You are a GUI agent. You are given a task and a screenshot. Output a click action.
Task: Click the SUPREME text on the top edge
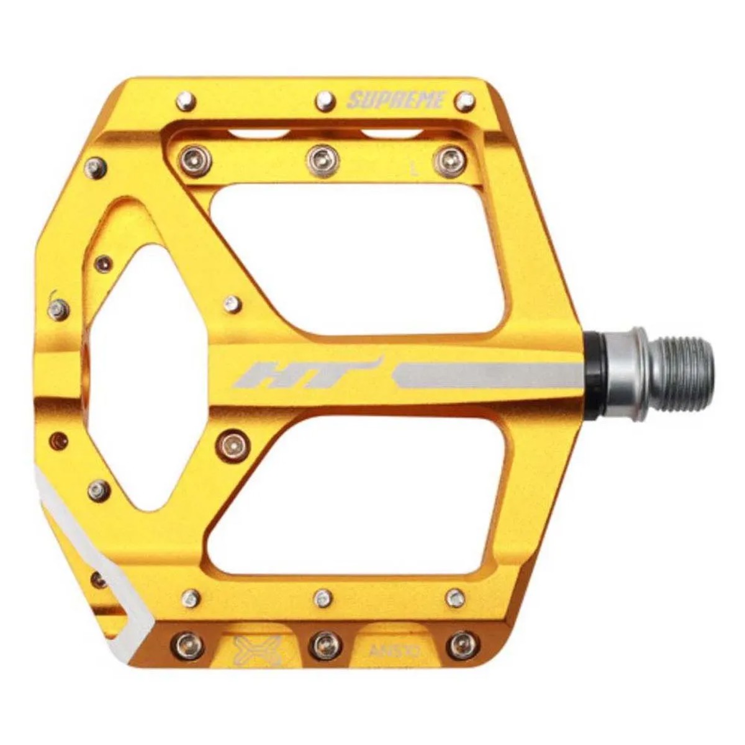click(x=396, y=100)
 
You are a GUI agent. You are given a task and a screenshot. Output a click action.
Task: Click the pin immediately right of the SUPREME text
click(x=465, y=101)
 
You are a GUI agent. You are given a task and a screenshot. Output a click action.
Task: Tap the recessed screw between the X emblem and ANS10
click(x=325, y=646)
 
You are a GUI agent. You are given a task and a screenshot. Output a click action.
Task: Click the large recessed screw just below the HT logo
click(x=233, y=443)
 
